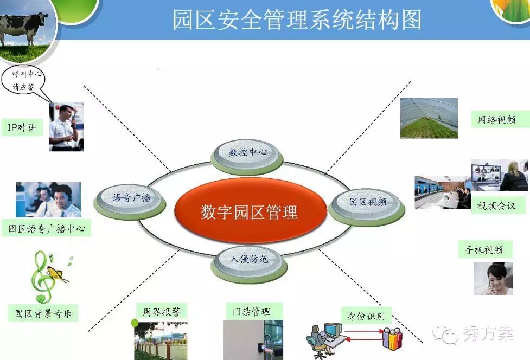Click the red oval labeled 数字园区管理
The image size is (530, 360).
251,211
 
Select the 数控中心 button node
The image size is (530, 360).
247,156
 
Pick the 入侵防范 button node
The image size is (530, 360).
249,263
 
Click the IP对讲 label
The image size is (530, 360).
22,127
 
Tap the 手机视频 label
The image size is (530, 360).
485,249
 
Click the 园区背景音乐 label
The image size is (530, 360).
43,313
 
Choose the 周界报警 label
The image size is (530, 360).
162,311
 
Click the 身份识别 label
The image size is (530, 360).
366,316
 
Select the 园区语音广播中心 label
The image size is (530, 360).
46,228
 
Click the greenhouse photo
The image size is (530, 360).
429,118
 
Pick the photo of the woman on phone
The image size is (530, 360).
493,279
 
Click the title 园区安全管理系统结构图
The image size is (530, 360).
297,20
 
